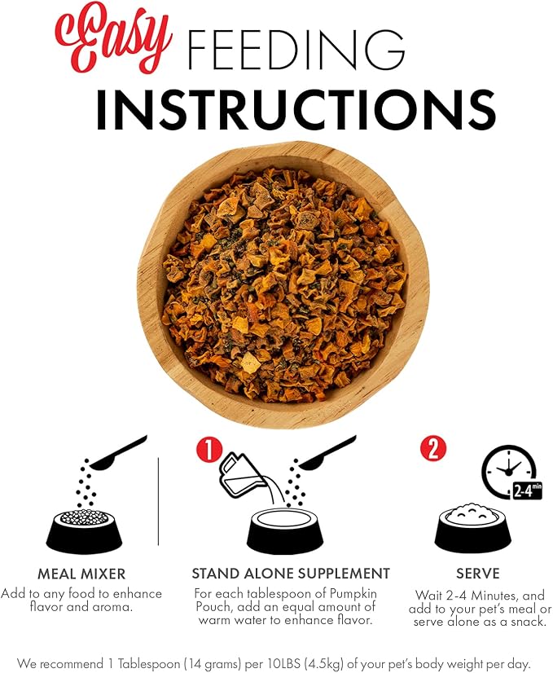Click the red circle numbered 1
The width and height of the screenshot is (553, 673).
coord(208,451)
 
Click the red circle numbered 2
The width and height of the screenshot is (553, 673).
coord(433,449)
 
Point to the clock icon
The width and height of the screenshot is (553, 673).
coord(509,470)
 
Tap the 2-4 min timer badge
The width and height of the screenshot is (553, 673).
coord(528,490)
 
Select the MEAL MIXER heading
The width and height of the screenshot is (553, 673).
coord(81,574)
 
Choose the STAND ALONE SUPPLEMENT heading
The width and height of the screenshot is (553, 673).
coord(291,574)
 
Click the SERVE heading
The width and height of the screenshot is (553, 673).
coord(477,574)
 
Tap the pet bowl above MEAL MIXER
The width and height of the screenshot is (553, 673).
coord(84,530)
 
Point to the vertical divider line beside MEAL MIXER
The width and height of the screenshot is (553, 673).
coord(158,501)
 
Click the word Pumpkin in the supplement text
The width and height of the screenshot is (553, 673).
coord(353,594)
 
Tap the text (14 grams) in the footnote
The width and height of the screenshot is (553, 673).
coord(213,663)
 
